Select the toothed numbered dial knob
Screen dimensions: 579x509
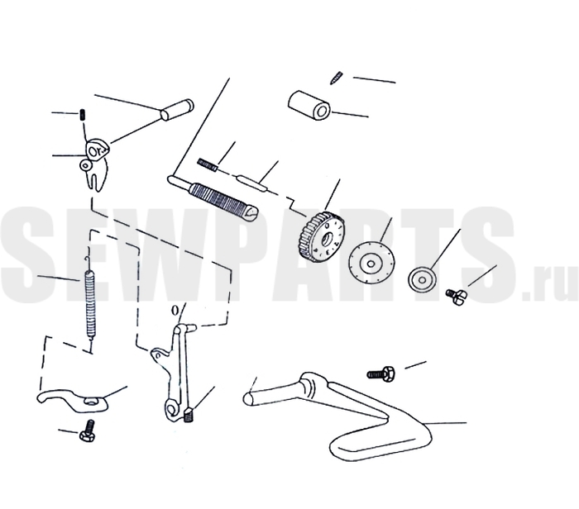(x=321, y=237)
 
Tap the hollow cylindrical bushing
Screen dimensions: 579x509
(x=309, y=106)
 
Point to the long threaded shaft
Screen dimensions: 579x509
(x=213, y=196)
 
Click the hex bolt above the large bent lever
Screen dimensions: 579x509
(x=380, y=373)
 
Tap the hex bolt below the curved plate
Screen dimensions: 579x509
(x=87, y=431)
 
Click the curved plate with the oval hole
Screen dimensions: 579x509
(x=74, y=400)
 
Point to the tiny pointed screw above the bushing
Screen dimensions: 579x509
(x=336, y=78)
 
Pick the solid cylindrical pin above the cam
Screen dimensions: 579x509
(x=177, y=110)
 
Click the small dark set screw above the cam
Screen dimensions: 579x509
(x=82, y=115)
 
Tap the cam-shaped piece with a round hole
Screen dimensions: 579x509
(x=98, y=148)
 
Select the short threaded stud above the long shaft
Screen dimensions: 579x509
(x=207, y=164)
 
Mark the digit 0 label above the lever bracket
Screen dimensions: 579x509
(x=175, y=311)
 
